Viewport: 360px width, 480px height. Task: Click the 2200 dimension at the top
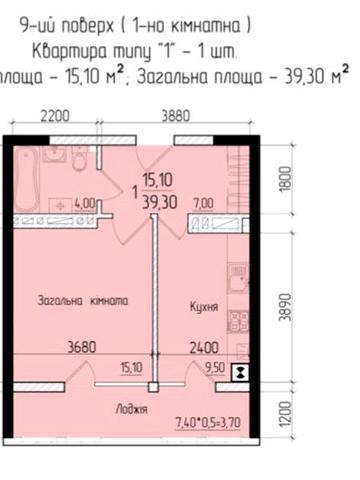(55, 116)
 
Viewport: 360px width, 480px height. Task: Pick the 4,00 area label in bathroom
(86, 203)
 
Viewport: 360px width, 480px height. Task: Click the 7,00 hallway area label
(203, 203)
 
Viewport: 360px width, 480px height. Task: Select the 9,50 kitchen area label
(212, 367)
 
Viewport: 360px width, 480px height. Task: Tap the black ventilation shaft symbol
(238, 373)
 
